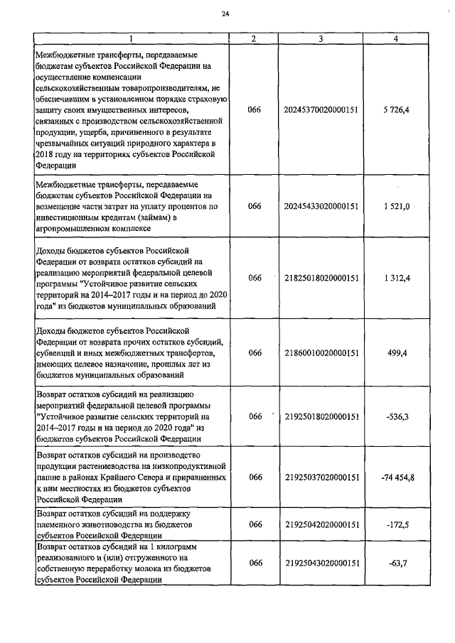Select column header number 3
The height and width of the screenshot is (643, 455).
[321, 39]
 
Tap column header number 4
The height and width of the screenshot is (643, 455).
[395, 39]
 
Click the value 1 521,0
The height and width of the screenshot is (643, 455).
[395, 205]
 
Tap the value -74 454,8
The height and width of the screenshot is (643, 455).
[395, 477]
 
